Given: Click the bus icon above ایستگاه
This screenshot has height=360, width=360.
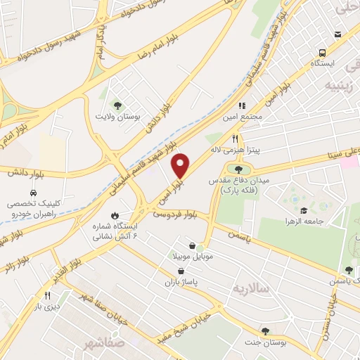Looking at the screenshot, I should pos(322,53).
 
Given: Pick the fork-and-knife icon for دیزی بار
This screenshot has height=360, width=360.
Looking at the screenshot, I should pos(48,295).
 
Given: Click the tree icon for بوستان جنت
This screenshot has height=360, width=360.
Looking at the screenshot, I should pos(265,330).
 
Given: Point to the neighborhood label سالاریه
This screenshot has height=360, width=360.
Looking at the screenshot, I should pos(247,289).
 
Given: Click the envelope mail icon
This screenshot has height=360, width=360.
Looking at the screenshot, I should pos(337,33).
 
